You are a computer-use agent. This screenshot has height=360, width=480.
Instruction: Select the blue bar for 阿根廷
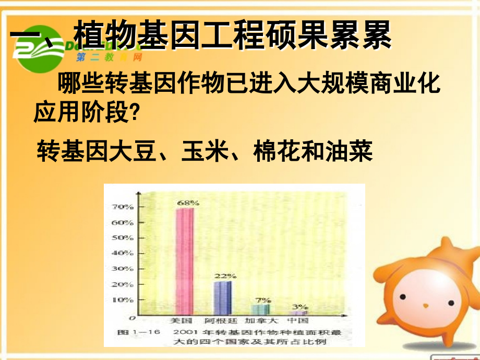223,298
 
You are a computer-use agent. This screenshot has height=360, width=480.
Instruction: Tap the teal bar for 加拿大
261,309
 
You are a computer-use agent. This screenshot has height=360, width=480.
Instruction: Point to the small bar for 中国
299,313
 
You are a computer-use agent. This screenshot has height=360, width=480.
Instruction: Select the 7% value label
263,299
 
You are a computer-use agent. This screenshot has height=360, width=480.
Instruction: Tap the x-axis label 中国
299,320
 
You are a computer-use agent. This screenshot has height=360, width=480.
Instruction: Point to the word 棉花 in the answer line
277,152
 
